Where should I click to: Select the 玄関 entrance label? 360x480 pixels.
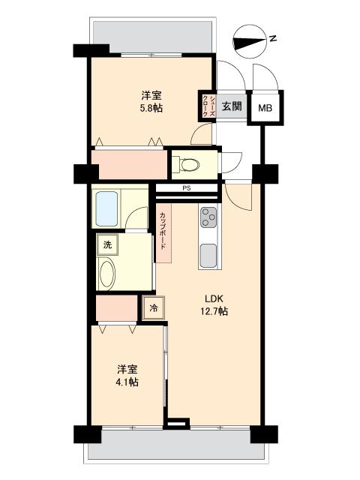232,106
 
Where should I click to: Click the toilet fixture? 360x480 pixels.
184,163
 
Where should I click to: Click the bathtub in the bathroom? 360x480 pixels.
108,208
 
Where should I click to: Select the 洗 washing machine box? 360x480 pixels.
106,244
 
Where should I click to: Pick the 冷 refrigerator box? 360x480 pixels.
153,307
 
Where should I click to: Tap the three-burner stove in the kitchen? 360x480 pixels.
208,218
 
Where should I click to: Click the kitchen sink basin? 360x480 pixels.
208,254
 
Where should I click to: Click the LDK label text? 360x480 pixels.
214,298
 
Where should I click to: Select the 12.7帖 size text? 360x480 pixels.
214,311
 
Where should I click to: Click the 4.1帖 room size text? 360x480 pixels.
127,382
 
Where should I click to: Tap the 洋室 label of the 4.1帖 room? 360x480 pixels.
127,368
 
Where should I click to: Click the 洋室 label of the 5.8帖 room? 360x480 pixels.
152,95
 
